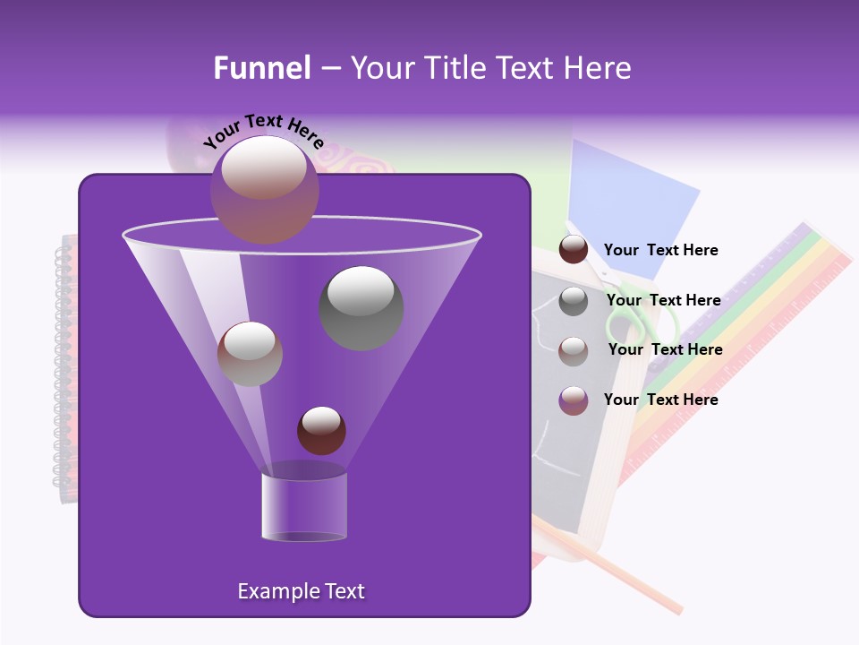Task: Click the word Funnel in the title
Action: (261, 68)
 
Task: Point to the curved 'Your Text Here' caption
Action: (263, 130)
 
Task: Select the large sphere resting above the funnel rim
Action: (264, 189)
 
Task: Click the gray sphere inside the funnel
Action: (361, 307)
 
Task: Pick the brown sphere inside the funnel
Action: (250, 354)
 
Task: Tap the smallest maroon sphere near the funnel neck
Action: (321, 430)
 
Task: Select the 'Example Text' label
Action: (301, 591)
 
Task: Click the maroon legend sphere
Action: (574, 250)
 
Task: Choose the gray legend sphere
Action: (574, 301)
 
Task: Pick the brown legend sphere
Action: (574, 350)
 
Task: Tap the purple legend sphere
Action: (574, 400)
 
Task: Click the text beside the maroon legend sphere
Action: (660, 251)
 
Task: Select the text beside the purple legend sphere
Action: (660, 400)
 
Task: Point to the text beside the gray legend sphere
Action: (663, 300)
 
